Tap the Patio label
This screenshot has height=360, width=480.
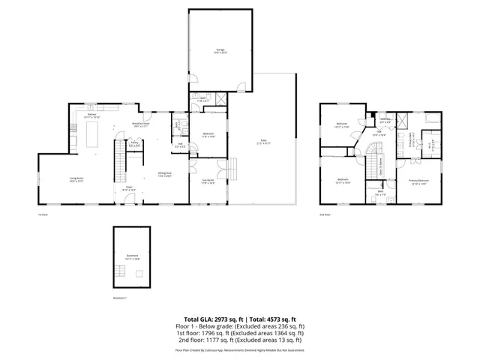[264, 142]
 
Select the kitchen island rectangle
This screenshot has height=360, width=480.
[95, 136]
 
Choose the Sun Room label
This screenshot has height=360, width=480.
[208, 181]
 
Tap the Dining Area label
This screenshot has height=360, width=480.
[164, 175]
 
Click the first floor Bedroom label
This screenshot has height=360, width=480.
[209, 135]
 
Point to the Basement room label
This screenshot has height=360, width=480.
[132, 256]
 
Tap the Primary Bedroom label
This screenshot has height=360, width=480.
[418, 181]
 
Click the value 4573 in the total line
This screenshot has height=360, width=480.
[273, 319]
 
